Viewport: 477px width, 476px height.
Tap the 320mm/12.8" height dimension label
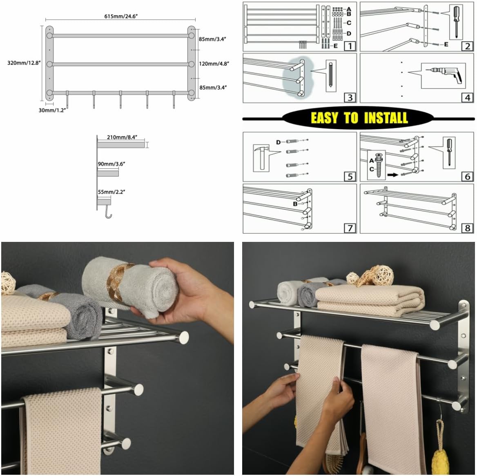24,63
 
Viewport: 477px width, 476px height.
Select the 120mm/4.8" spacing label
214,63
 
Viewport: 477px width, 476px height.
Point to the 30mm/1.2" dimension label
52,110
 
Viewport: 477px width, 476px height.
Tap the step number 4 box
468,97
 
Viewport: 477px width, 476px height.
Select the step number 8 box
468,228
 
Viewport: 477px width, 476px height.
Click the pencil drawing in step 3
331,75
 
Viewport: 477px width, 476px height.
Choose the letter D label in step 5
279,142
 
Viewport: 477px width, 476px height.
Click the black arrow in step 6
393,174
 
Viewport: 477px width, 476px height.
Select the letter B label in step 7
295,204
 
